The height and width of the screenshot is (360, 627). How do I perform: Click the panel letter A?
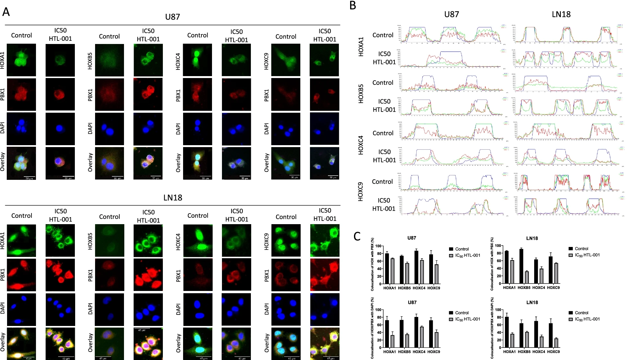click(6, 12)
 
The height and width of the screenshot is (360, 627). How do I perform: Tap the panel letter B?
click(353, 5)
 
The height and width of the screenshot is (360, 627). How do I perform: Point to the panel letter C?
click(357, 236)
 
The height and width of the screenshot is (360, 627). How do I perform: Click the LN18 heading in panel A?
click(172, 198)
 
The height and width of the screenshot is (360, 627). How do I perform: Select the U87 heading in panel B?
click(451, 14)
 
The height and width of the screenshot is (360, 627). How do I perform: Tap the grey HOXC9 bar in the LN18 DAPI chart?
click(556, 343)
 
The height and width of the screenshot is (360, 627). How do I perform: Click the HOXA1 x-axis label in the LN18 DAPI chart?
click(509, 352)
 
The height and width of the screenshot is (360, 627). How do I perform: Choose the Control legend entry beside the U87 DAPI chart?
click(462, 313)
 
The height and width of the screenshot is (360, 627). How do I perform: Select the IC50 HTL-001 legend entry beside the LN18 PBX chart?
click(587, 255)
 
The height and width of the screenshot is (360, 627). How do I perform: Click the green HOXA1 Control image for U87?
click(21, 60)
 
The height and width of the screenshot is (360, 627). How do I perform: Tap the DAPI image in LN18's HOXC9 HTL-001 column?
click(324, 310)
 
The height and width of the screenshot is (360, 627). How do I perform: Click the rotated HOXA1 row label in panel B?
click(361, 47)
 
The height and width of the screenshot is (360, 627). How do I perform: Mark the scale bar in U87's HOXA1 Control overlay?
click(29, 177)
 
